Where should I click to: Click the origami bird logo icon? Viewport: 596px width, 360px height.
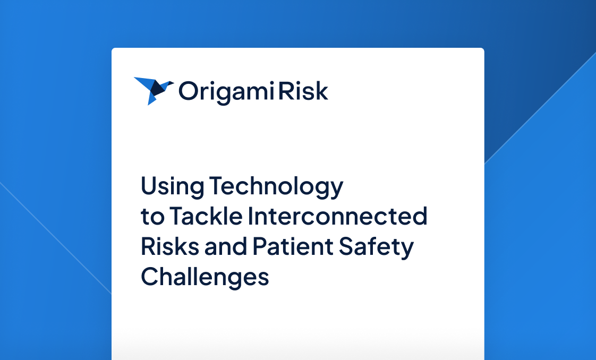[x=153, y=90]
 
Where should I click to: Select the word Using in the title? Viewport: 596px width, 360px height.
[x=172, y=187]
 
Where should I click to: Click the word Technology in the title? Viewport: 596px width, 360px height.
[x=276, y=187]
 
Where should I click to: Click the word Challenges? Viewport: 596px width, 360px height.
[x=205, y=278]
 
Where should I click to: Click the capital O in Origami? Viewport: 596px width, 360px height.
[x=188, y=91]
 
